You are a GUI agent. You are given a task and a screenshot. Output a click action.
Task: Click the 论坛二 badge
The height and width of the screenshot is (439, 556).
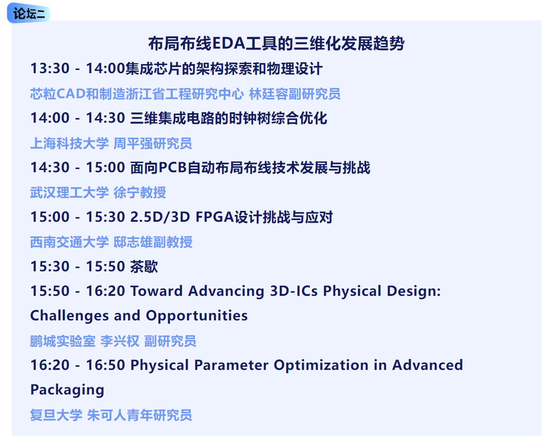tap(29, 13)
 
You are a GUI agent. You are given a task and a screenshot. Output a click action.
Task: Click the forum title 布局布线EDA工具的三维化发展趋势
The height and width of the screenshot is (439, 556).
tap(276, 43)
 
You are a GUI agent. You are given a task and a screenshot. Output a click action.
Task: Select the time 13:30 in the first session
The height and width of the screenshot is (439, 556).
tap(50, 69)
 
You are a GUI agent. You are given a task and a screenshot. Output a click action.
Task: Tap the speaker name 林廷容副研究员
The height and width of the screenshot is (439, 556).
tap(294, 94)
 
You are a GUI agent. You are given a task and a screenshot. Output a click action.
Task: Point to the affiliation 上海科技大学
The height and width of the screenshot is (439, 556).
tap(69, 143)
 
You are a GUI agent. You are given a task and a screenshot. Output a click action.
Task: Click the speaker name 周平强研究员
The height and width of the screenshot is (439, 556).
tap(153, 143)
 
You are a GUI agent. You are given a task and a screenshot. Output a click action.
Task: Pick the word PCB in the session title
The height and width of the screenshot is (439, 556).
tap(172, 167)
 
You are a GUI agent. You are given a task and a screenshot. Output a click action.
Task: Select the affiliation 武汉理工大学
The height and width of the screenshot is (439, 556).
tap(69, 193)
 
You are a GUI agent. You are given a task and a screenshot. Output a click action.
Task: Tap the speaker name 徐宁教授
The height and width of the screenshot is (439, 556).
tap(140, 193)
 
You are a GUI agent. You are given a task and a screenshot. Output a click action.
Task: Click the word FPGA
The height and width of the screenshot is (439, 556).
tap(214, 217)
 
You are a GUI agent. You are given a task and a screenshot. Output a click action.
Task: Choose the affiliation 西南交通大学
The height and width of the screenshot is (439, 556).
tap(69, 242)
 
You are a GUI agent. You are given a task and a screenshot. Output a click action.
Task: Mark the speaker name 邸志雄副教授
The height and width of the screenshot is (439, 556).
tap(153, 242)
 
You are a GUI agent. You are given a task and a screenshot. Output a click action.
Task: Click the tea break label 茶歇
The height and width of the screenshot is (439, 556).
tap(144, 266)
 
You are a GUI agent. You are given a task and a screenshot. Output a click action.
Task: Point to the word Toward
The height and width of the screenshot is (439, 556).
tap(157, 291)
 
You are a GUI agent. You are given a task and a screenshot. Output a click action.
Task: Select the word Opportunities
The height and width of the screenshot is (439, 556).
tap(197, 316)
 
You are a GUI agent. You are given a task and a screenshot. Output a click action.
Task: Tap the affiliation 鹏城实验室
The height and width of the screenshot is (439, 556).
tap(63, 341)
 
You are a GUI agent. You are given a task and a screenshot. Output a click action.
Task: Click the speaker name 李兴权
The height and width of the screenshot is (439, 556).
tap(120, 341)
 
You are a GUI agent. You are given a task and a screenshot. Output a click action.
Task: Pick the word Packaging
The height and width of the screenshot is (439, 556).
tap(67, 390)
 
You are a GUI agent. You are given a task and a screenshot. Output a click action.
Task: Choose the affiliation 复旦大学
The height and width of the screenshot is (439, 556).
tap(56, 415)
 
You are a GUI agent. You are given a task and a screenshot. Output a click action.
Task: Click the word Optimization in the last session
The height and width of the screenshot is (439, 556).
tap(321, 365)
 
